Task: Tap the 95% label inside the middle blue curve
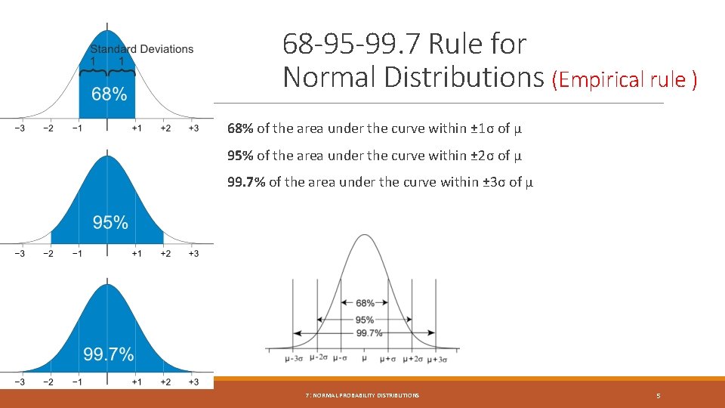110,222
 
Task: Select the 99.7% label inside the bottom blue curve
109,354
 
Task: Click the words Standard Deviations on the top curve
142,49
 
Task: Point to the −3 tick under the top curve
20,128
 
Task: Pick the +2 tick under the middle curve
165,255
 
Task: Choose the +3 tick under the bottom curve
193,382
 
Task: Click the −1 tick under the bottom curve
76,382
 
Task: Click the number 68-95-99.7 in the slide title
352,44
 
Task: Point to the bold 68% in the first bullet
241,128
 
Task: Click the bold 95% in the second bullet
241,156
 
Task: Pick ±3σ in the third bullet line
494,182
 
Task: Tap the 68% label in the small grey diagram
365,303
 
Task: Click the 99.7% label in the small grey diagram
369,332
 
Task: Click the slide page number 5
659,395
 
